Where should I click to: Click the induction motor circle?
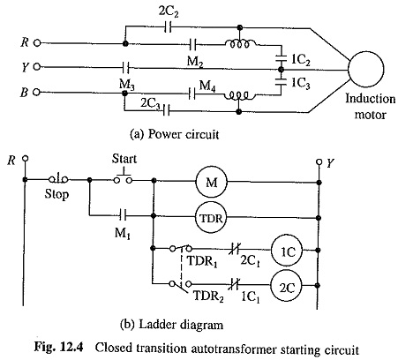point(365,70)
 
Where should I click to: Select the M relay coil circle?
point(211,182)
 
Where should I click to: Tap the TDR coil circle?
point(211,218)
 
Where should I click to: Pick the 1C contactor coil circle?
point(287,251)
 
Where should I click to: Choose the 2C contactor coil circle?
point(287,286)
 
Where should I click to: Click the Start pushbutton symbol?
point(123,176)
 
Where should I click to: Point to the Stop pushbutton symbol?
point(58,178)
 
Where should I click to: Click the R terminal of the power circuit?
point(36,43)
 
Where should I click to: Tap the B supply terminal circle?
point(36,92)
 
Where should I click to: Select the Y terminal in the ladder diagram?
point(319,162)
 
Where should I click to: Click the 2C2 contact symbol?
point(168,28)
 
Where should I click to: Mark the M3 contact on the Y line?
point(125,68)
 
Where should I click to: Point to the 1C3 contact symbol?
point(281,82)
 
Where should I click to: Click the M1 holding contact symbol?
point(123,216)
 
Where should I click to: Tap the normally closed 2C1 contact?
point(235,250)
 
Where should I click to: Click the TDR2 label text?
point(208,296)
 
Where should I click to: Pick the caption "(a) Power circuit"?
point(175,134)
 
